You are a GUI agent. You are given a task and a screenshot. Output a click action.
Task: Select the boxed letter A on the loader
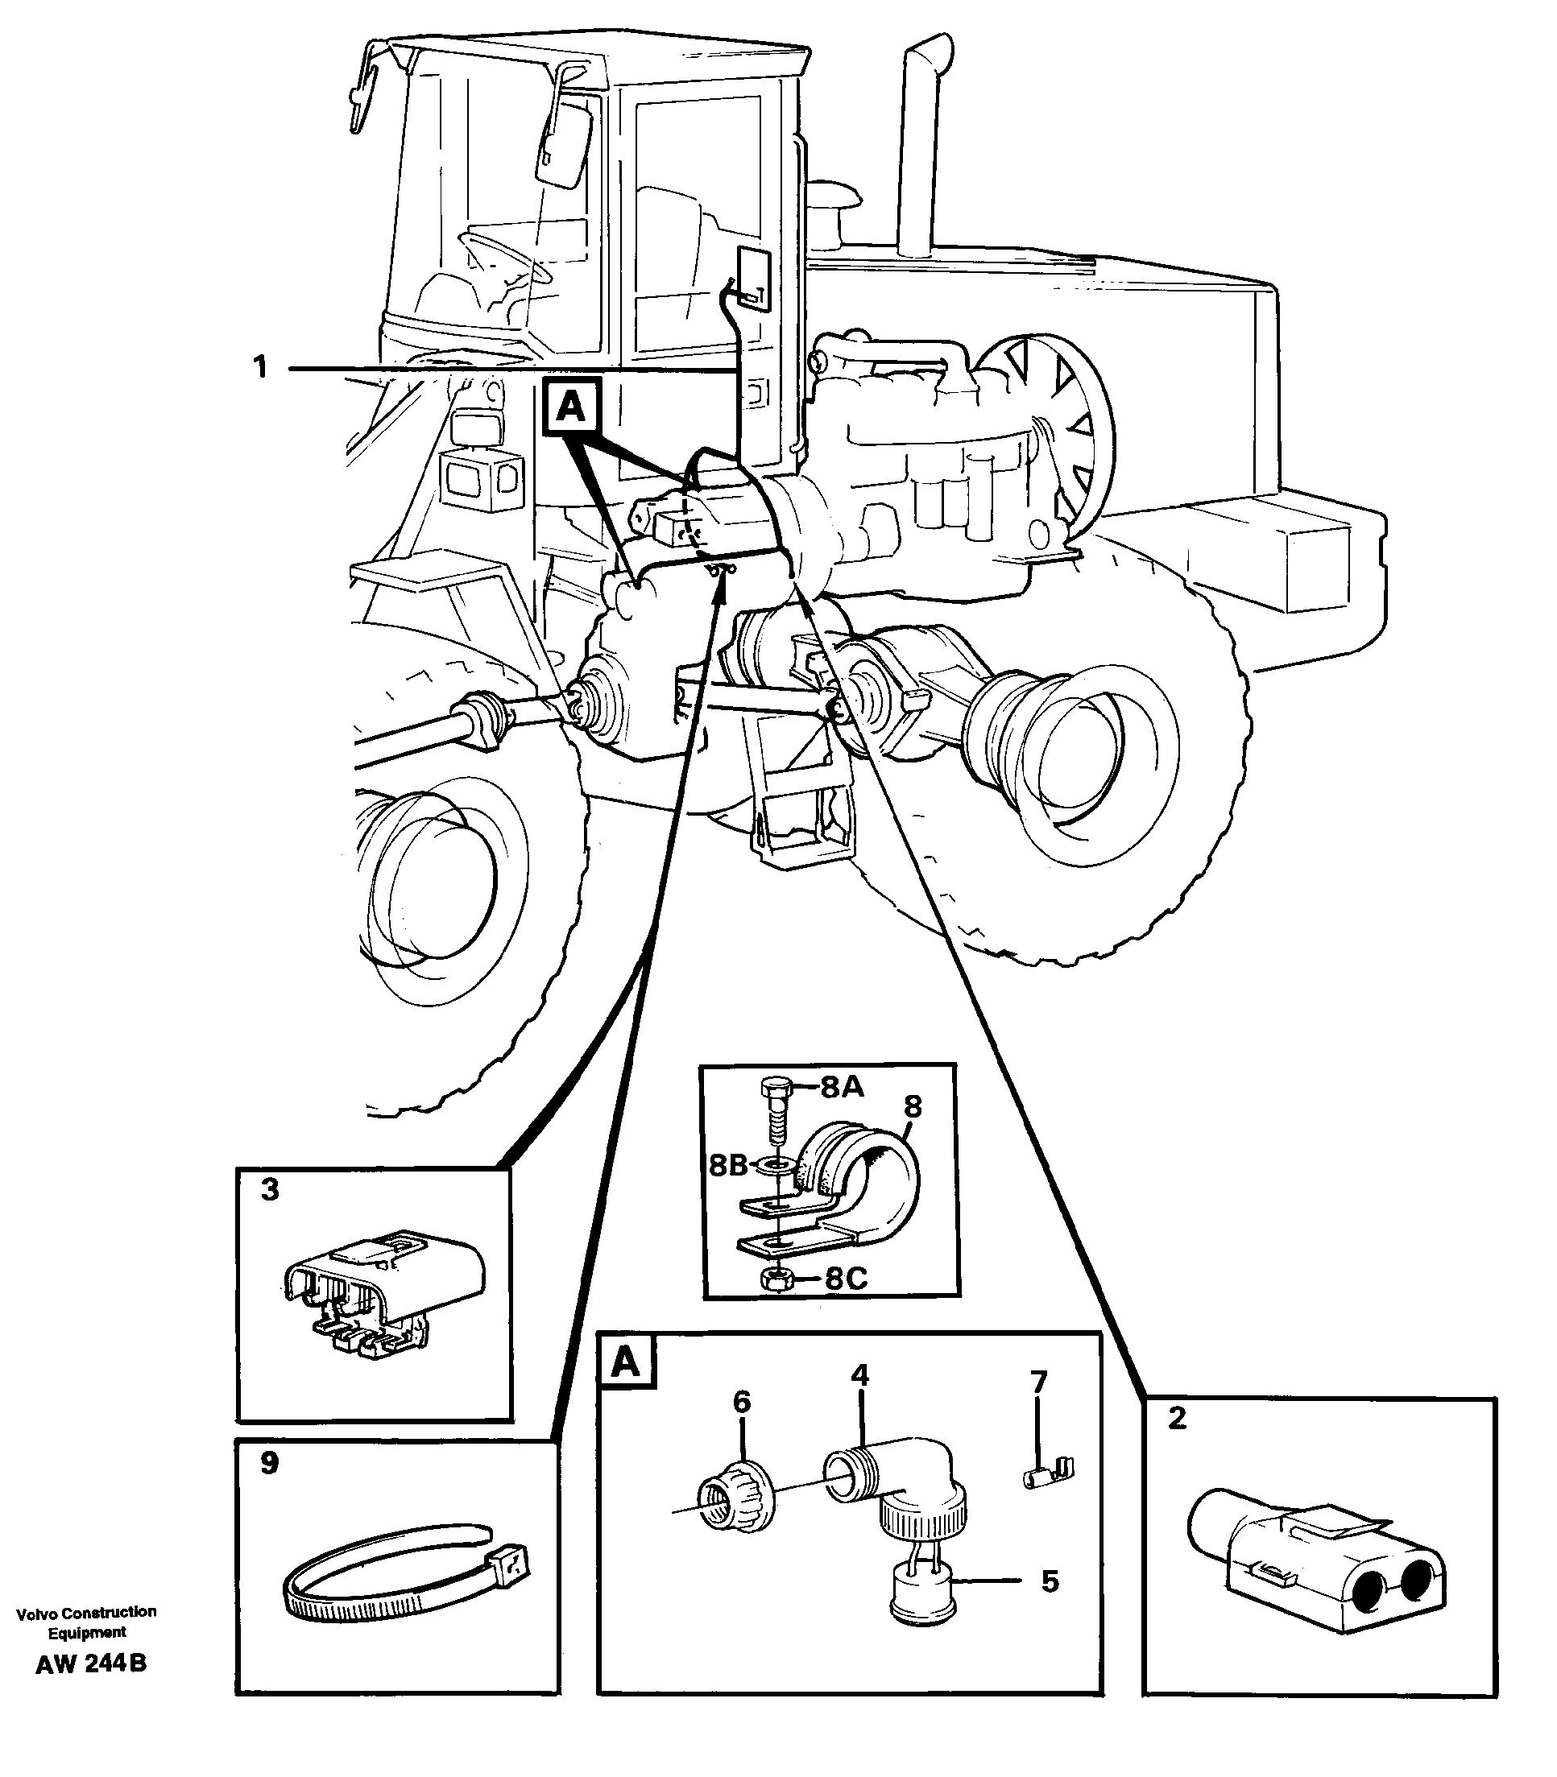(x=571, y=407)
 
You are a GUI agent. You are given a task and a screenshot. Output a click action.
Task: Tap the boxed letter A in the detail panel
(x=626, y=1362)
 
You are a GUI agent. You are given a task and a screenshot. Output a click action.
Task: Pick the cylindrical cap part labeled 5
(x=923, y=1597)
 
